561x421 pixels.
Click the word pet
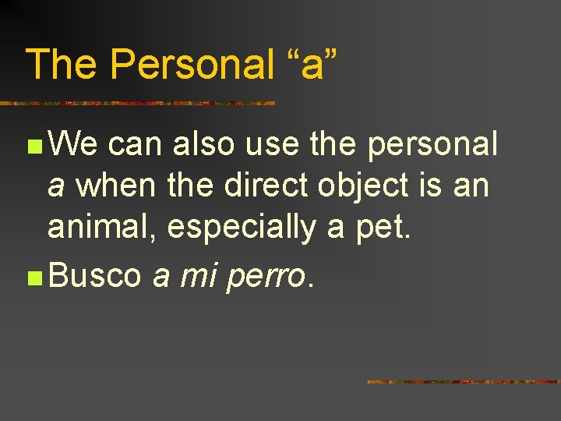[x=382, y=228]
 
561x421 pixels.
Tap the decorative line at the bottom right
[x=463, y=381]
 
